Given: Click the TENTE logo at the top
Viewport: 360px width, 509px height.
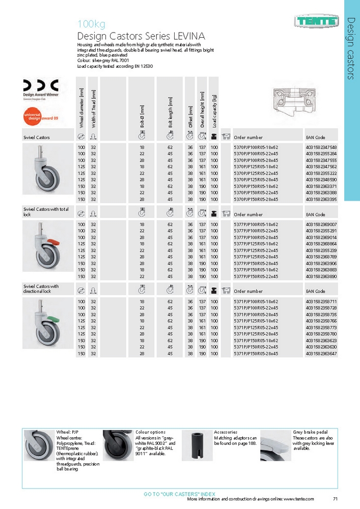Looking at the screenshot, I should (316, 21).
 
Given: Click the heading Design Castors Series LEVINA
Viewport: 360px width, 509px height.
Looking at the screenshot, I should (141, 36).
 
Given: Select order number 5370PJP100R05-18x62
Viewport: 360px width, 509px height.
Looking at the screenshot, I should (256, 147).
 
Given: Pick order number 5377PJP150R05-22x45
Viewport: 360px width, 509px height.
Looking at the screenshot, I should (256, 276).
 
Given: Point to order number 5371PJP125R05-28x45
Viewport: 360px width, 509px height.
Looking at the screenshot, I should (256, 334).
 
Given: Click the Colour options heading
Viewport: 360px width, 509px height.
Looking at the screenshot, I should (150, 432).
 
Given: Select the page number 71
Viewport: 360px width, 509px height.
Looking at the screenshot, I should (335, 499).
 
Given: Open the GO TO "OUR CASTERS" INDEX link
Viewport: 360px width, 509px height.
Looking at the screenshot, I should (180, 494).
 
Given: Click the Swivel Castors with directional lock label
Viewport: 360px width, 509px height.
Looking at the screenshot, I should (41, 289).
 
